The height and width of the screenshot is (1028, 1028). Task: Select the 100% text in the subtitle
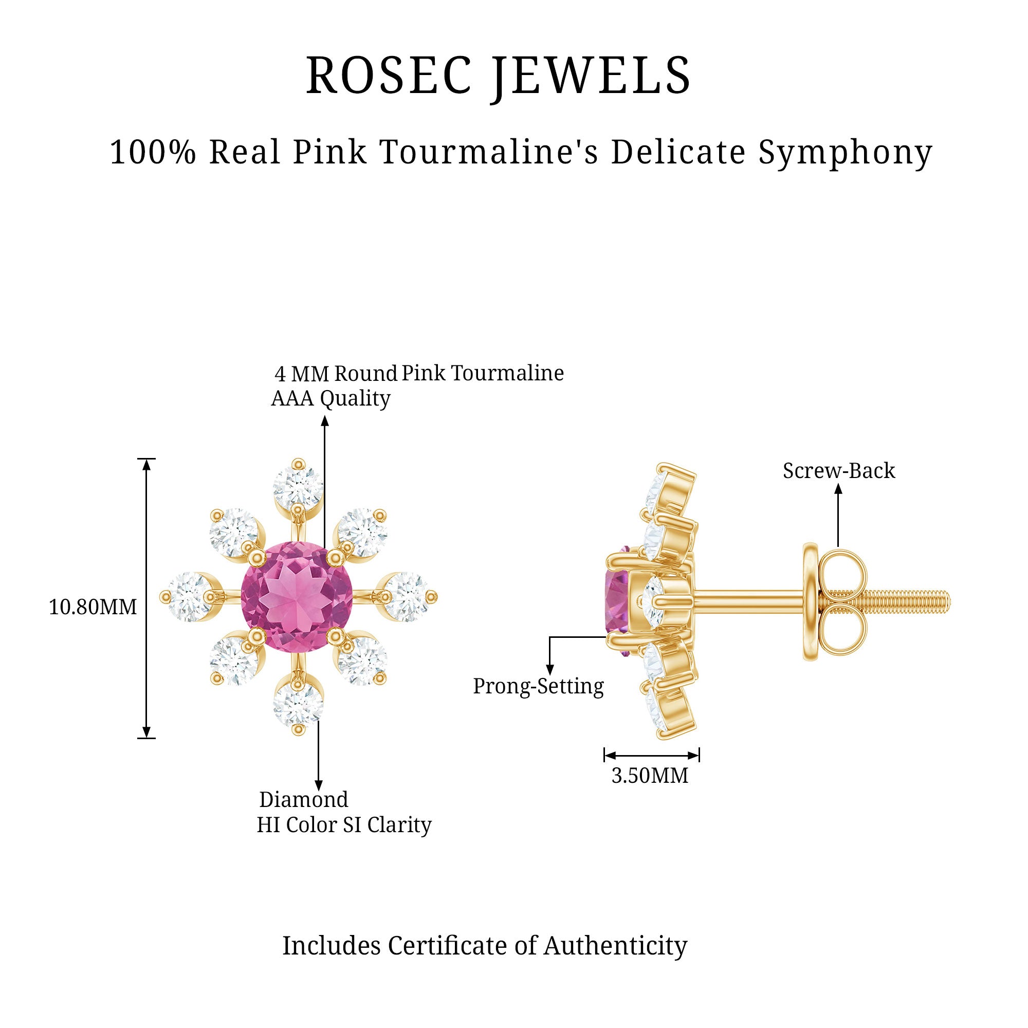tap(153, 152)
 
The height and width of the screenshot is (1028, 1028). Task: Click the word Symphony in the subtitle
tap(845, 153)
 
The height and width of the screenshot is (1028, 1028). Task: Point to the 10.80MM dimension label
tap(93, 607)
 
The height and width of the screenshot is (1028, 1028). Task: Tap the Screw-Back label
tap(838, 471)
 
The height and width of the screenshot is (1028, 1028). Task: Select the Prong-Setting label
tap(539, 686)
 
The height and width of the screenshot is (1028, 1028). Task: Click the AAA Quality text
tap(331, 398)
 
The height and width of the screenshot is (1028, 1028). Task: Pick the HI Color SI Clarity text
tap(344, 825)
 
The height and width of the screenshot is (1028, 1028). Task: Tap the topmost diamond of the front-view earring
tap(298, 487)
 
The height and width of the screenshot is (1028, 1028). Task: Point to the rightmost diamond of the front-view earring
tap(408, 597)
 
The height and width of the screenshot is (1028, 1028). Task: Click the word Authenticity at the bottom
tap(615, 946)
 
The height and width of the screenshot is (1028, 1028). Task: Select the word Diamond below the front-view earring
tap(303, 800)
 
